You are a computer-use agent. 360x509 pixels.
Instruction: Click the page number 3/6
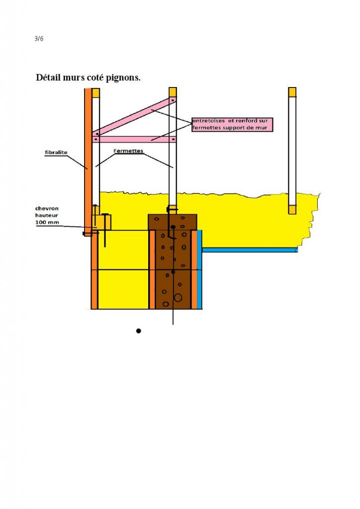click(x=39, y=39)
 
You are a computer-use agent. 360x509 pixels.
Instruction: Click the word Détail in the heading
click(x=50, y=78)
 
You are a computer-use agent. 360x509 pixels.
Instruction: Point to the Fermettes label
click(x=128, y=151)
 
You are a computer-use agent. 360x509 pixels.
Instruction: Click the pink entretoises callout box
click(x=232, y=124)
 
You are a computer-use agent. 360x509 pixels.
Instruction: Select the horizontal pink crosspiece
click(x=134, y=140)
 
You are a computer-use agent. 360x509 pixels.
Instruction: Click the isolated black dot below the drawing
click(x=139, y=331)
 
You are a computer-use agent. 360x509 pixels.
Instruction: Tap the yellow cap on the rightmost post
click(x=292, y=92)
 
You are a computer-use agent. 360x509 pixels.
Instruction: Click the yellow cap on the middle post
click(x=173, y=92)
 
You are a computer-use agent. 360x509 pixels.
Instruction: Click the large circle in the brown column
click(x=178, y=297)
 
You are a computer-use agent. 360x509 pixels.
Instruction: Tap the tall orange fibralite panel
click(x=87, y=149)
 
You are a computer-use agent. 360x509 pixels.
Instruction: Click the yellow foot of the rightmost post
click(x=292, y=210)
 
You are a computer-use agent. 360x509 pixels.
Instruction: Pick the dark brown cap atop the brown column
click(x=173, y=222)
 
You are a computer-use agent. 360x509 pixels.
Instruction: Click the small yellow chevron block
click(x=102, y=222)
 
